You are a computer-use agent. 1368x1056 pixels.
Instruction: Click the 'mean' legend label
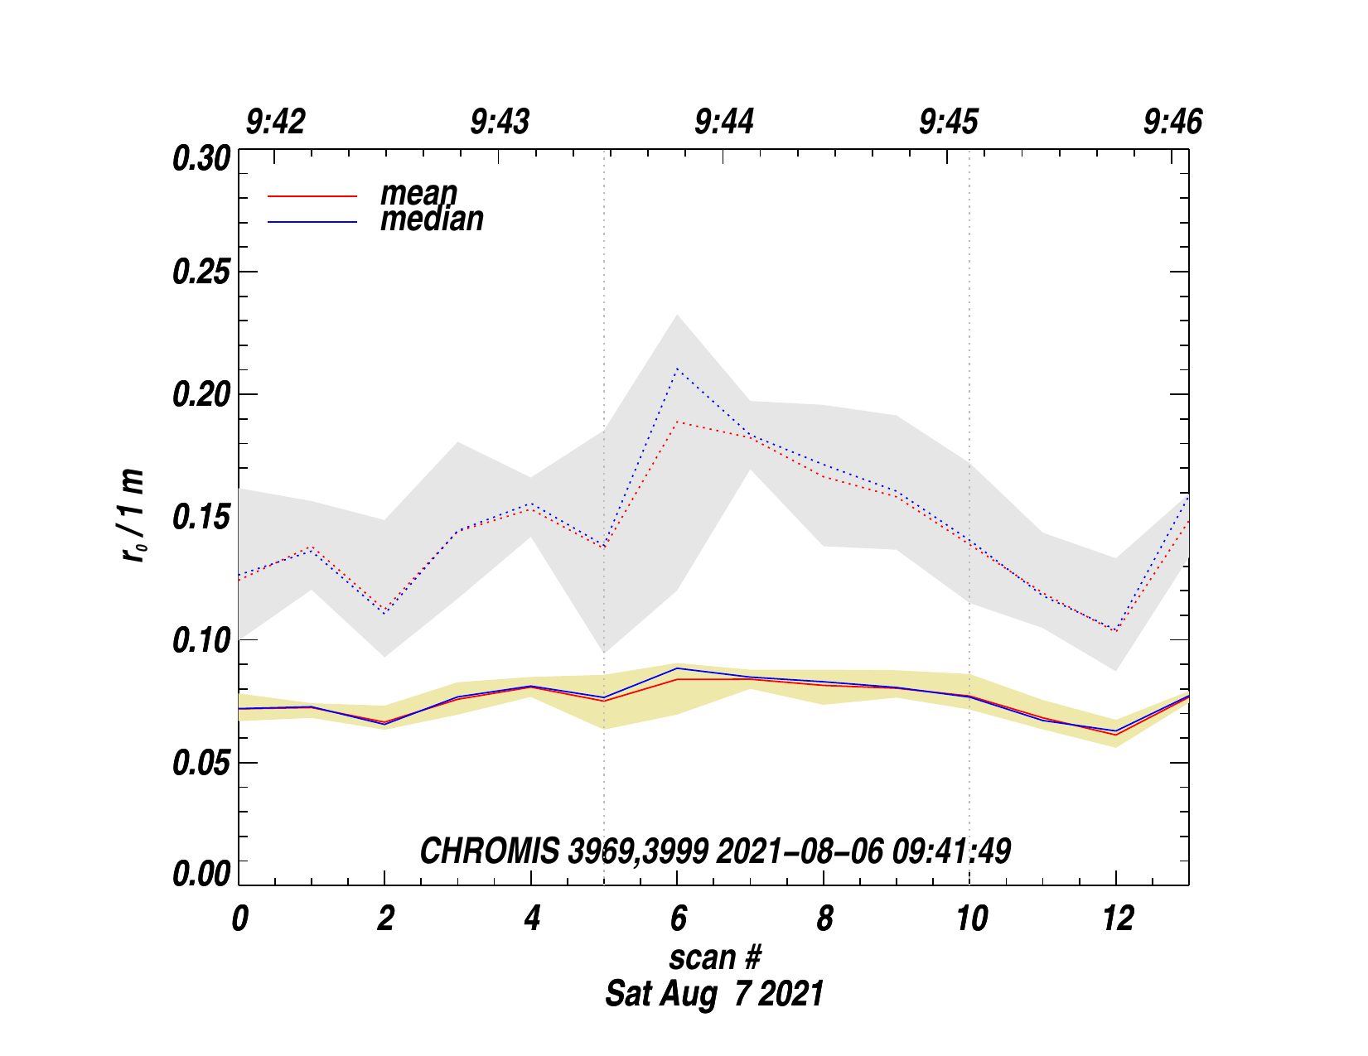click(418, 193)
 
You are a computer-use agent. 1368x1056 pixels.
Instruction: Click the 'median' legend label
click(432, 219)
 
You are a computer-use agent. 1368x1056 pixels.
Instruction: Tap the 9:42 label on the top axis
click(276, 123)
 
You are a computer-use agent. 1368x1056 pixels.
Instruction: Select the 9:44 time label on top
click(724, 123)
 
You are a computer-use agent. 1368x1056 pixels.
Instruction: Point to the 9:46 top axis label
click(1172, 123)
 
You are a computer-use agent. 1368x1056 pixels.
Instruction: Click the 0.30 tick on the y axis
click(201, 158)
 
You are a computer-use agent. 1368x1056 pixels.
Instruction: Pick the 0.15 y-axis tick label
click(201, 518)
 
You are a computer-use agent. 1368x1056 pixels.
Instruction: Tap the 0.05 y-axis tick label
click(201, 764)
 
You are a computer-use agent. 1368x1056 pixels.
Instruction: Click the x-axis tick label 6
click(679, 919)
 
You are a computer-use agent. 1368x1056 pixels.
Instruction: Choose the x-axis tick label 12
click(1118, 919)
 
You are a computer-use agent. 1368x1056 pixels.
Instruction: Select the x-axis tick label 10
click(971, 919)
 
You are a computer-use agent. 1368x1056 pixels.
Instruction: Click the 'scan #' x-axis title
click(714, 957)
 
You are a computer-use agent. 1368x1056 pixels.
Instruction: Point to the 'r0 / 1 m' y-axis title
click(134, 517)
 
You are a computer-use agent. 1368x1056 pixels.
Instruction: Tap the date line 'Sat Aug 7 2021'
click(714, 993)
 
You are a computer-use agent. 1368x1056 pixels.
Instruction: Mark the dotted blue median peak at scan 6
click(678, 369)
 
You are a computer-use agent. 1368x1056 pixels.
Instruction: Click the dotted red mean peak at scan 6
click(678, 422)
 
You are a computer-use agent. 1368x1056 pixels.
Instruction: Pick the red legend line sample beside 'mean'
click(312, 196)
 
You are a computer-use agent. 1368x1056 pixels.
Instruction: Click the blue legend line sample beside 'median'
click(312, 222)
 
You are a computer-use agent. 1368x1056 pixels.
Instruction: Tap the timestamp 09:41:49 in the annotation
click(951, 851)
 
